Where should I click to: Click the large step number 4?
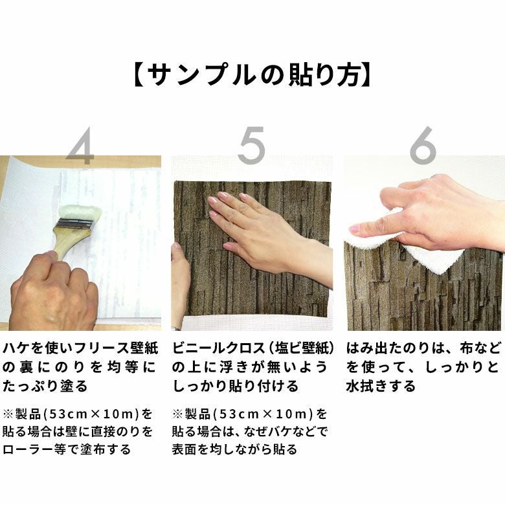[80, 146]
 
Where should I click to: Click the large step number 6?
[423, 144]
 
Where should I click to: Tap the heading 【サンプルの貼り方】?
[252, 75]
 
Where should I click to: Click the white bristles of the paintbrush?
[80, 213]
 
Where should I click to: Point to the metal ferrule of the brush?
[74, 224]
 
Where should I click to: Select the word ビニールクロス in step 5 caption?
[218, 349]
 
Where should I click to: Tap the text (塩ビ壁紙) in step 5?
[300, 349]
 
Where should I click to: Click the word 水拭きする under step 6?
[381, 386]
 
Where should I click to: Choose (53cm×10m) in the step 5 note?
[263, 414]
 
